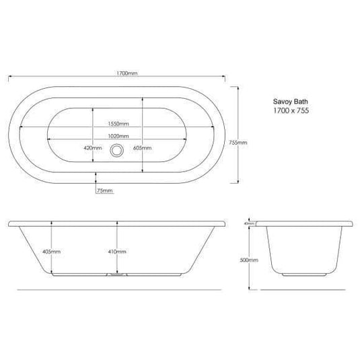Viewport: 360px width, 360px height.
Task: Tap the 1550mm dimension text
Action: pyautogui.click(x=118, y=124)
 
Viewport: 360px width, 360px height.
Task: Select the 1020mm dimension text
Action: pyautogui.click(x=118, y=137)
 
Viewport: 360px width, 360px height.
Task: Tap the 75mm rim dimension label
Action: pyautogui.click(x=104, y=192)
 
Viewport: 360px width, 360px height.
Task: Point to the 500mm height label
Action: pyautogui.click(x=249, y=259)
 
